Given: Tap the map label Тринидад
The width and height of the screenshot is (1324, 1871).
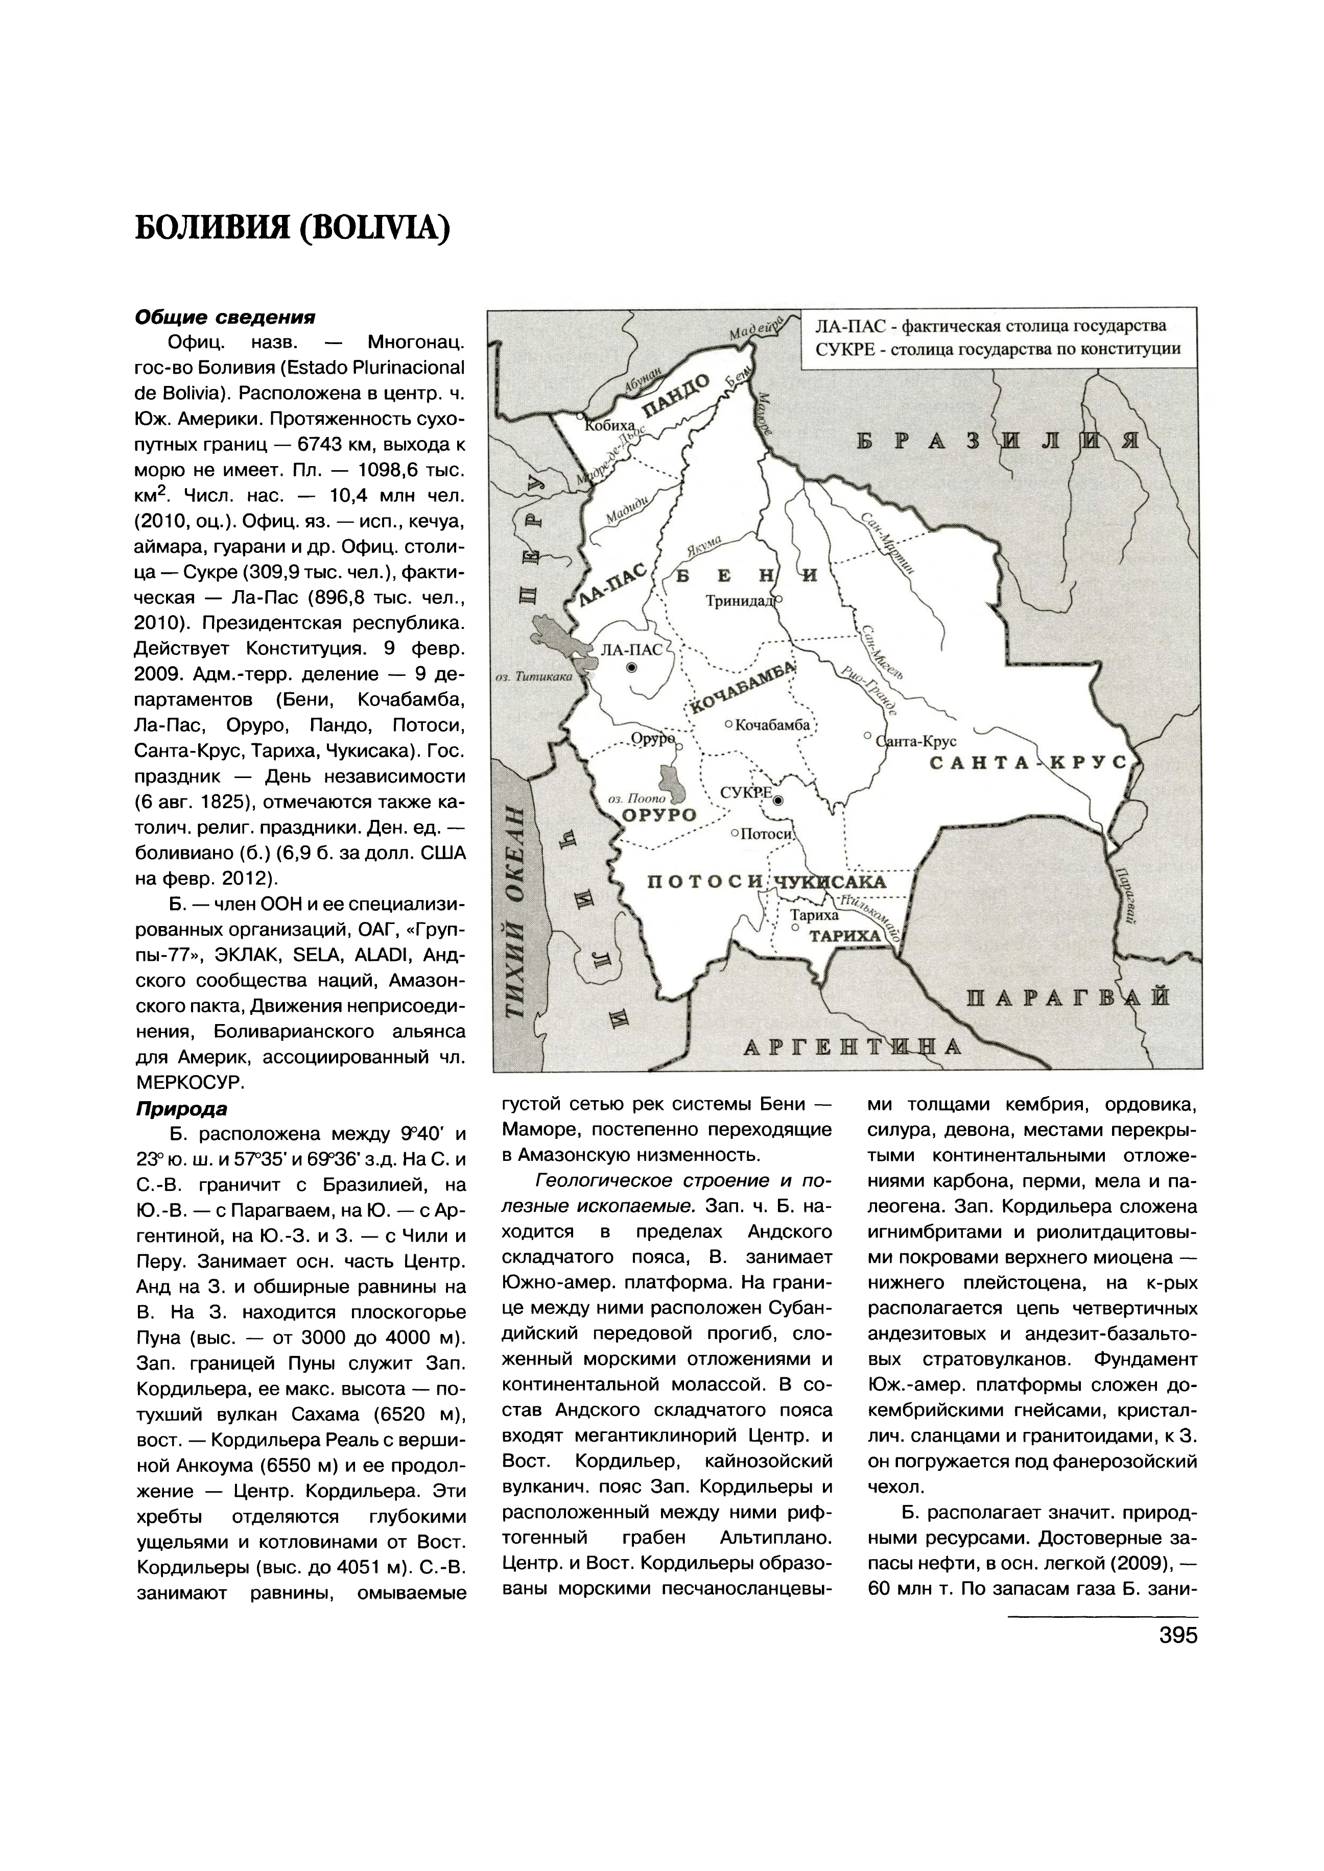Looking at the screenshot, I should click(741, 600).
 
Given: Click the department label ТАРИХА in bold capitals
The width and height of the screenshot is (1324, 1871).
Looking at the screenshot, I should click(845, 936).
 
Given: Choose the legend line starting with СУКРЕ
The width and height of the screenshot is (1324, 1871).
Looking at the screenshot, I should click(998, 350).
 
